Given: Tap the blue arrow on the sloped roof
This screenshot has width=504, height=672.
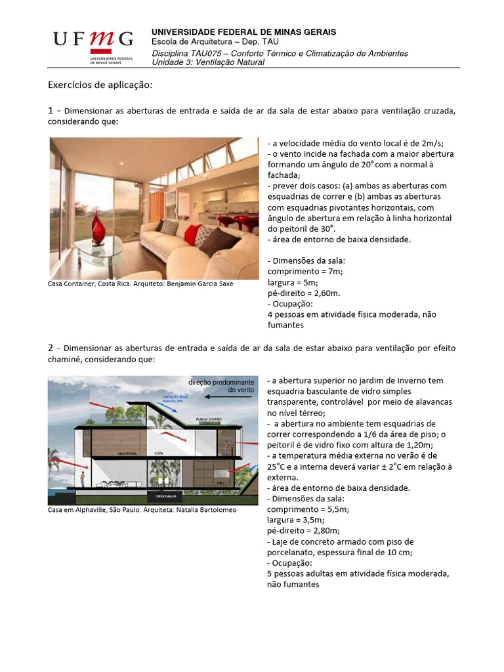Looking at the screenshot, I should (x=167, y=407).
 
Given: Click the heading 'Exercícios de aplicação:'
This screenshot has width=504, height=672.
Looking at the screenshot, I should (x=100, y=85).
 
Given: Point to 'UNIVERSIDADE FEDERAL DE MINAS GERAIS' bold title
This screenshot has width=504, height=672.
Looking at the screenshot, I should (x=244, y=32).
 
